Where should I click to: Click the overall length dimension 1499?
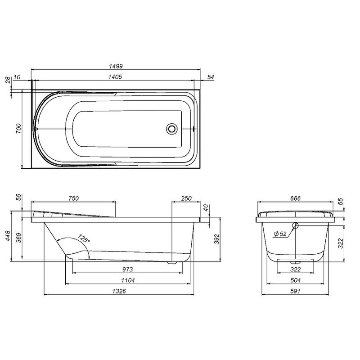(116, 66)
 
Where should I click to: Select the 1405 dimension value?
(116, 77)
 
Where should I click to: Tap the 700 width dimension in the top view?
(18, 130)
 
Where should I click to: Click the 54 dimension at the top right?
(211, 77)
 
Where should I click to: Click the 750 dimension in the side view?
(74, 198)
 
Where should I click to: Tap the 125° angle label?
(83, 238)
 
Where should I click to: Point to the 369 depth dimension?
(18, 238)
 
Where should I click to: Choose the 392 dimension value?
(216, 238)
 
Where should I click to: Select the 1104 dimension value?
(127, 280)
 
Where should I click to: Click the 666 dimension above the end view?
(295, 198)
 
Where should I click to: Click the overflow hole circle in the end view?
(295, 226)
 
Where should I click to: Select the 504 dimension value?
(295, 280)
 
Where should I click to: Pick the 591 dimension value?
(295, 291)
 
